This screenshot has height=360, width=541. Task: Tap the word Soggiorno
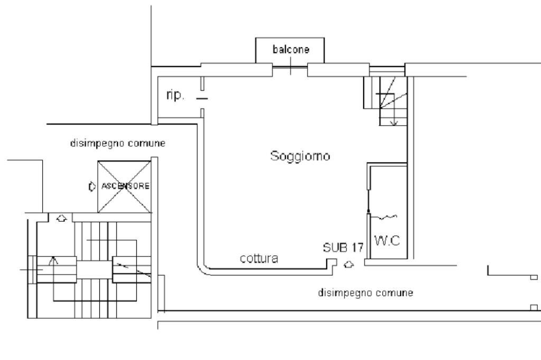coord(300,156)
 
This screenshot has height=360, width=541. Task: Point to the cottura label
coord(259,259)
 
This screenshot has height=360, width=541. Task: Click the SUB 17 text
coord(340,248)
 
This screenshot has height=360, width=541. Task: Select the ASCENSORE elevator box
coord(125,186)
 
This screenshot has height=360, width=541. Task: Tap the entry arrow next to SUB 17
coord(348,264)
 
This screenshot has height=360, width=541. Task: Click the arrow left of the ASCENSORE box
coord(91,186)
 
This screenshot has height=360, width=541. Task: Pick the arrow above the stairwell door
coord(62,217)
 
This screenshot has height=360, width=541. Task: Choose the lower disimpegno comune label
coord(365,292)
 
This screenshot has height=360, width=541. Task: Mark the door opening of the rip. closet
coord(202,98)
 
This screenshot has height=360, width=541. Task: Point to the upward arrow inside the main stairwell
coord(52,260)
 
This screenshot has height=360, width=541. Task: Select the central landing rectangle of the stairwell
coord(95,269)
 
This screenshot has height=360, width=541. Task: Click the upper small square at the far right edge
coord(534,277)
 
